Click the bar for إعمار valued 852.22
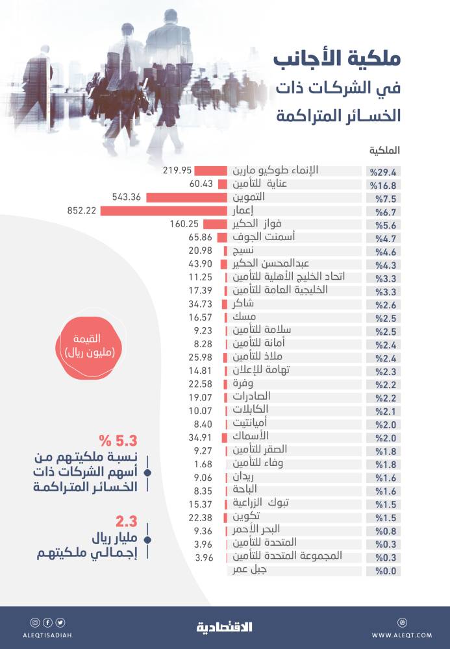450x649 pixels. pyautogui.click(x=163, y=211)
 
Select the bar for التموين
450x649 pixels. pyautogui.click(x=186, y=197)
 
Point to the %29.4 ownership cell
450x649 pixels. pyautogui.click(x=382, y=171)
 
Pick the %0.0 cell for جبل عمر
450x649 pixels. pyautogui.click(x=382, y=571)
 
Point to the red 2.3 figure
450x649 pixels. pyautogui.click(x=125, y=522)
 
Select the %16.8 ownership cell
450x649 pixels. pyautogui.click(x=382, y=184)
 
